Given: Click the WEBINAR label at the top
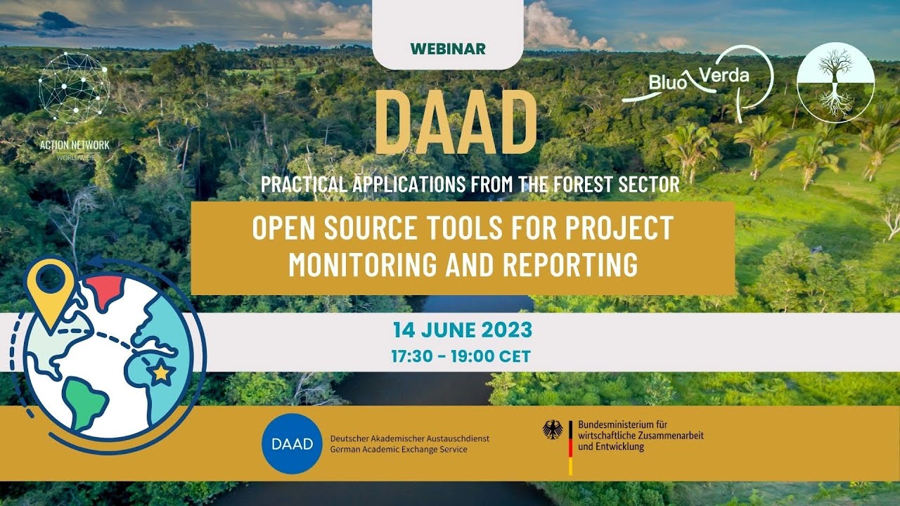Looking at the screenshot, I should click(x=448, y=48).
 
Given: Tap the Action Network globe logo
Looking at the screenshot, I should click(x=74, y=89).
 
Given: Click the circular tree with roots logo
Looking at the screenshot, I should click(x=835, y=82).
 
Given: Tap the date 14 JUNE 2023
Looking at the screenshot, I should click(x=462, y=330).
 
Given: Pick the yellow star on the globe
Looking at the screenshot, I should click(x=161, y=372).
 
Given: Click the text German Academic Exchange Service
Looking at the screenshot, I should click(x=398, y=450).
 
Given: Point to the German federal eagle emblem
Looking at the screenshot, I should click(x=553, y=429).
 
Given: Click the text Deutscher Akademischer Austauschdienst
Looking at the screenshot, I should click(x=409, y=439).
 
